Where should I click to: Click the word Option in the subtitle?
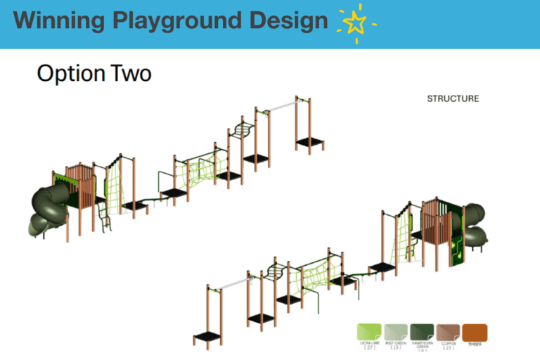pos(67,73)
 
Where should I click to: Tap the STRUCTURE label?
pos(453,99)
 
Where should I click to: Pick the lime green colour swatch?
pos(368,332)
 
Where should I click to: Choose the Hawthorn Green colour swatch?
pos(422,332)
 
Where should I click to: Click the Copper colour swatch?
pos(448,332)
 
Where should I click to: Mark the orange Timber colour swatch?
pos(475,332)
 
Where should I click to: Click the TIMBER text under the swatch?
pos(475,344)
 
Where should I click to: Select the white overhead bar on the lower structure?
pos(229,285)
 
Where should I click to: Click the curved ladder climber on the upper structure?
pos(241,131)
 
